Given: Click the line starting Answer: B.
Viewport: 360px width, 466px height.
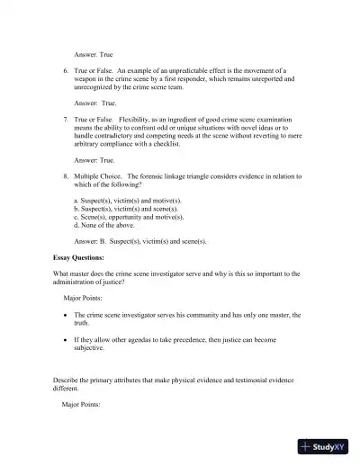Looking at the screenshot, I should [x=139, y=241].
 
